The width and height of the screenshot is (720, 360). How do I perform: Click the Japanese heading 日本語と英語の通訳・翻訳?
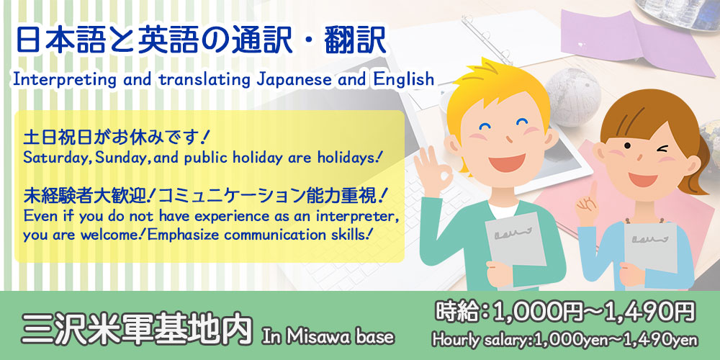pos(201,40)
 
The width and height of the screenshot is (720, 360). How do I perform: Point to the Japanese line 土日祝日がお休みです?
pos(112,138)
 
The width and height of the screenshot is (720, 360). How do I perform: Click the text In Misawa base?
pos(328,336)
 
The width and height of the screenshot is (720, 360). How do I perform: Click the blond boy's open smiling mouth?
pos(506,162)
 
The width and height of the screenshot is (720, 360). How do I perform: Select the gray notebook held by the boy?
pos(516,240)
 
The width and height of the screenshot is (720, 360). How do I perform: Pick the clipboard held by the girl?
pos(649,247)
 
